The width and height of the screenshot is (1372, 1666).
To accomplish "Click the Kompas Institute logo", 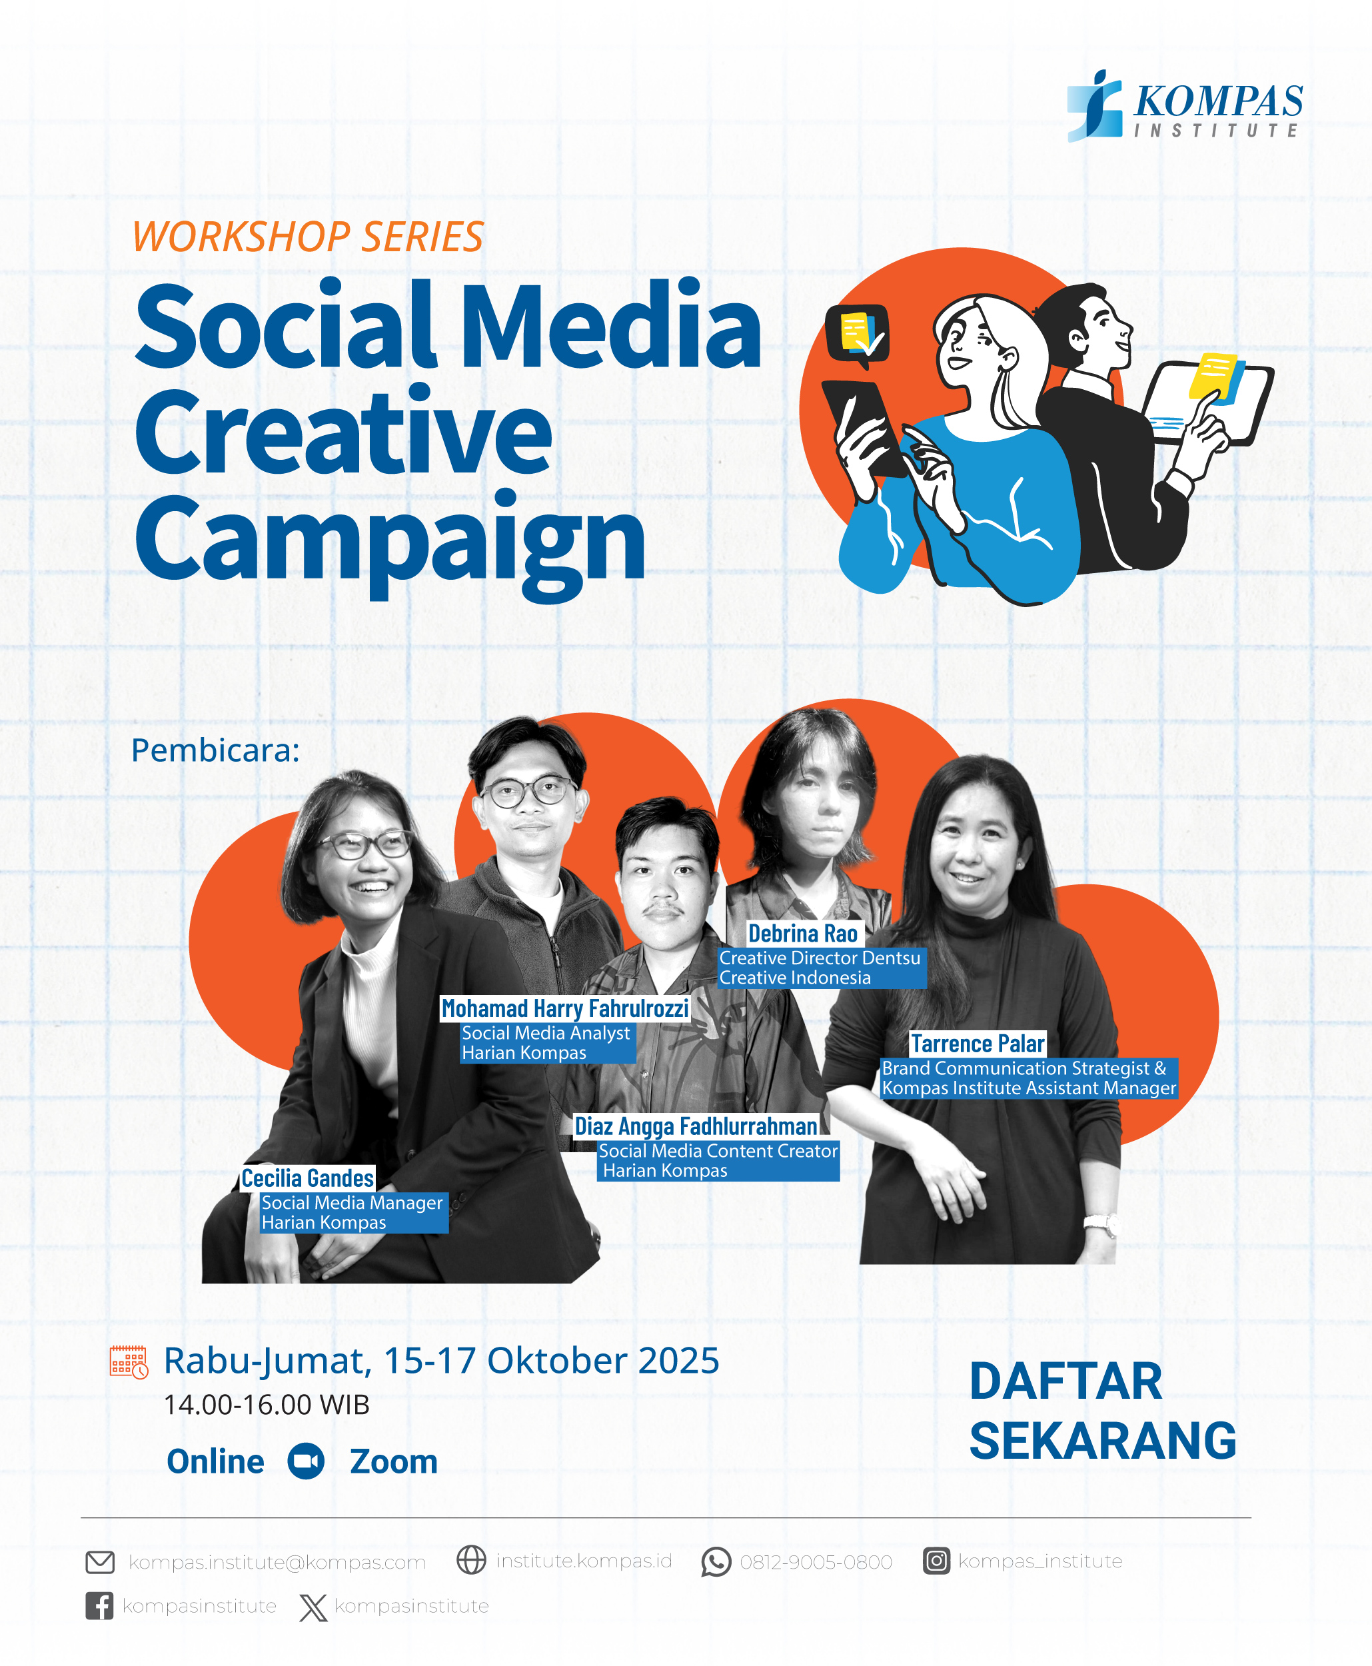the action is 1185,106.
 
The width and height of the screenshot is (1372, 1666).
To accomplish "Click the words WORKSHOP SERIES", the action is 307,237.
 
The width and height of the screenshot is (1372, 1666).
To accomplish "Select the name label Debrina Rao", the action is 803,934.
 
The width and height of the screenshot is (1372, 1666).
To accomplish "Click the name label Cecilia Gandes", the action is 307,1178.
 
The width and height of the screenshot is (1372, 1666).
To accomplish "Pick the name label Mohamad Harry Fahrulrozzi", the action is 565,1008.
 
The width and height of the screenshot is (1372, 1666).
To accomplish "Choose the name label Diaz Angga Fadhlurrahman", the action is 696,1126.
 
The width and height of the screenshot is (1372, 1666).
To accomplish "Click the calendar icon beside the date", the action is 129,1363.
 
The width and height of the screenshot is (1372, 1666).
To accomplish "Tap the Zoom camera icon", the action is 306,1461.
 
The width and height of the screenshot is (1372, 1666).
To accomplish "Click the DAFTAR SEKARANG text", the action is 1103,1411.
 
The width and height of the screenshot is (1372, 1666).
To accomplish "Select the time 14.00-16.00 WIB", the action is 267,1404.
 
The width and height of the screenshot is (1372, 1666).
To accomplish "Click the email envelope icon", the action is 101,1563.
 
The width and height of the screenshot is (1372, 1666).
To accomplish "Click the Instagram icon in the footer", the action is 936,1561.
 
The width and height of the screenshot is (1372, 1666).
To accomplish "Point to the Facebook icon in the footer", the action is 99,1606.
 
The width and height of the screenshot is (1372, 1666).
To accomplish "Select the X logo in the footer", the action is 313,1607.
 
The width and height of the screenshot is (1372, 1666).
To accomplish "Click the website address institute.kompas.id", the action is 584,1561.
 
